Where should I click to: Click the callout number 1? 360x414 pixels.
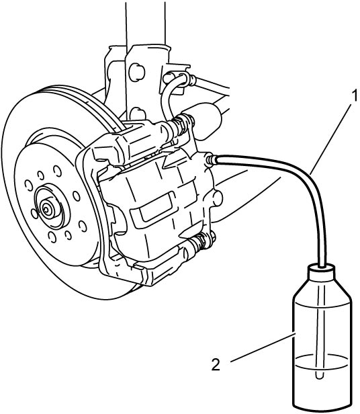click(x=354, y=95)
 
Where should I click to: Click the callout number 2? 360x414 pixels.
click(x=216, y=365)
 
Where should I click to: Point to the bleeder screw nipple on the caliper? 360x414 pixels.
click(x=210, y=160)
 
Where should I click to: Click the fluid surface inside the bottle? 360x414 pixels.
click(x=322, y=362)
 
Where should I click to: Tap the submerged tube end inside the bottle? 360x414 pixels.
click(x=319, y=375)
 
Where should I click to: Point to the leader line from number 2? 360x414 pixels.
click(x=263, y=347)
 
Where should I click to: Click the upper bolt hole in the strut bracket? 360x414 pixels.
click(x=137, y=71)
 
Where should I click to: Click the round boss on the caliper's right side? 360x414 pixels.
click(x=217, y=199)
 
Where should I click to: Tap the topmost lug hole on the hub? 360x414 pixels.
click(x=57, y=171)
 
